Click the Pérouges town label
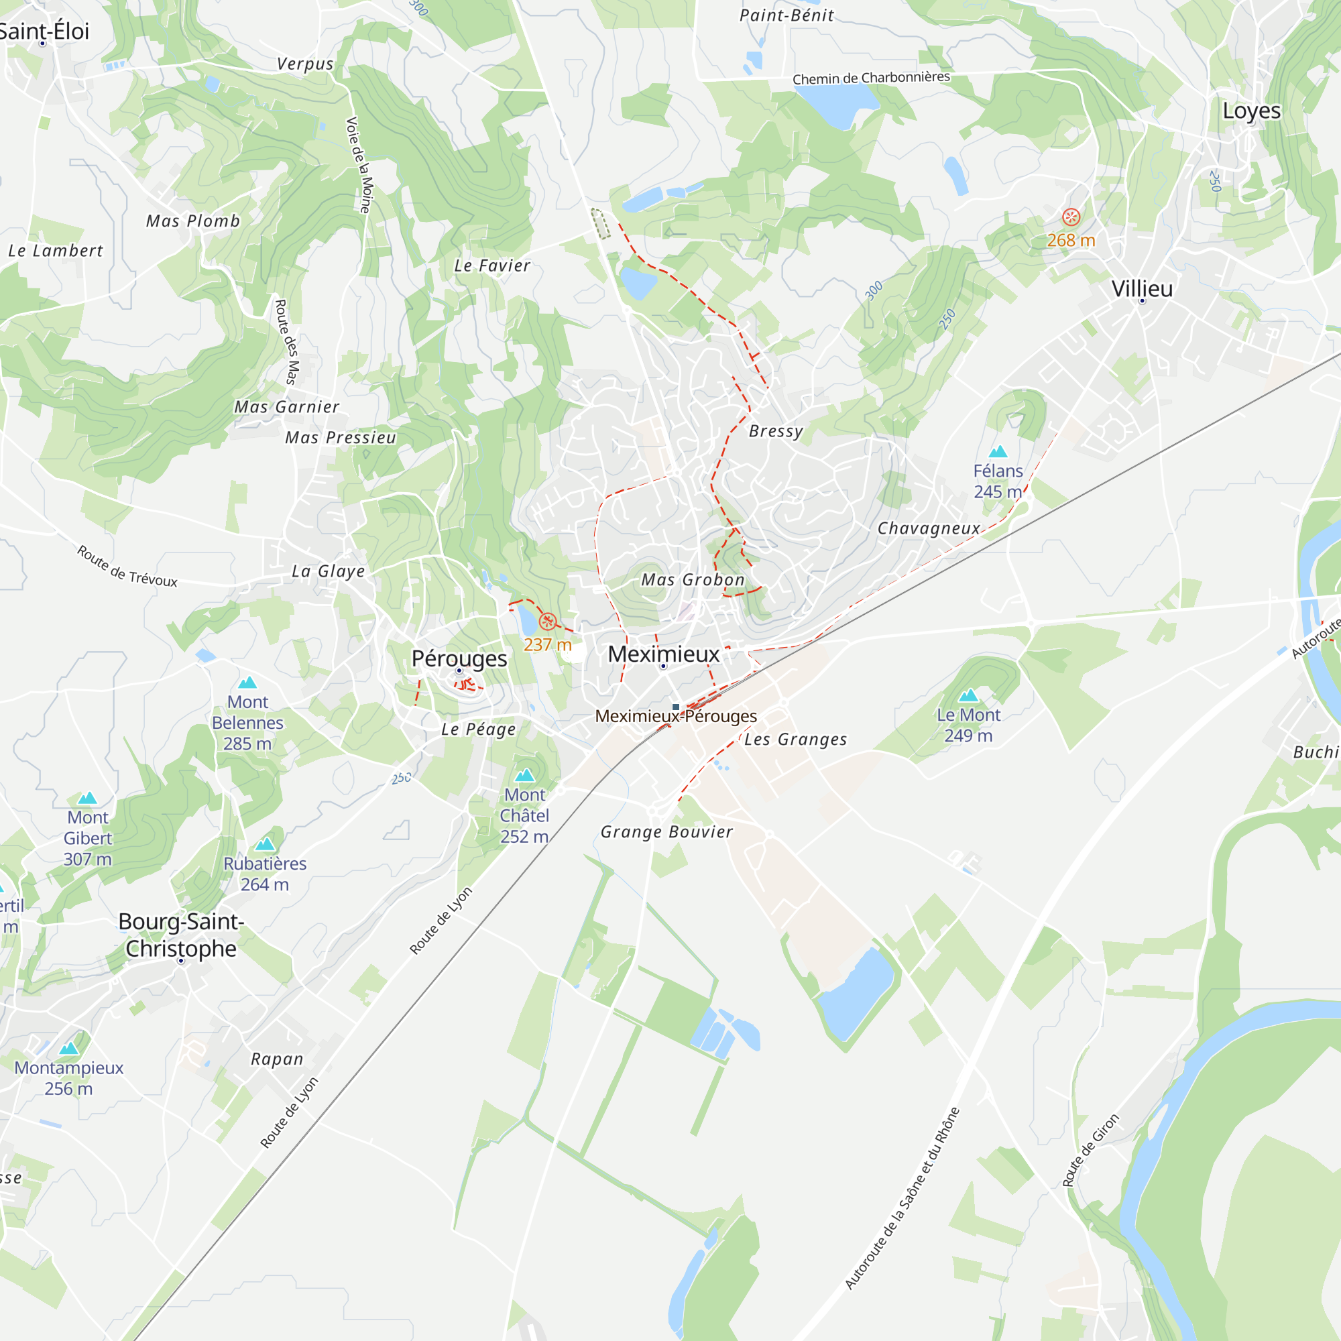(459, 658)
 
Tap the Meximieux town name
(664, 654)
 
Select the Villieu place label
(1142, 289)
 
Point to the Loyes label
(1251, 111)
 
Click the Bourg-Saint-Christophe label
(181, 934)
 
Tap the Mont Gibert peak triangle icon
(87, 798)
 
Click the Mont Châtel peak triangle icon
(525, 775)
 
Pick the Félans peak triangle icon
(998, 452)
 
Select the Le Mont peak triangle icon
(968, 695)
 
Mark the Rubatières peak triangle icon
(265, 845)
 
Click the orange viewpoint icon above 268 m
(1071, 217)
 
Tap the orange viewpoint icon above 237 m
(548, 622)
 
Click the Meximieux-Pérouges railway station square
(676, 707)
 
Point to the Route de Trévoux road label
(127, 567)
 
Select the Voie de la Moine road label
(359, 165)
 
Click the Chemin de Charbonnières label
(871, 78)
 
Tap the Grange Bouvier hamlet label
(666, 831)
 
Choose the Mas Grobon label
(693, 579)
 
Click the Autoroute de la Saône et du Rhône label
(902, 1198)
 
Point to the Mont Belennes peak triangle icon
(248, 683)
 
